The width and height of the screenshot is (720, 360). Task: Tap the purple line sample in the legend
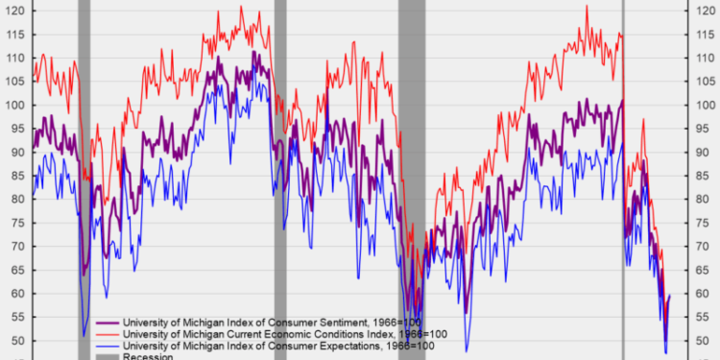[107, 321]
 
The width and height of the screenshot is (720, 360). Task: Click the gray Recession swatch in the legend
[107, 355]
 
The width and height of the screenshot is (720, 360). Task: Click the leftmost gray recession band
[84, 144]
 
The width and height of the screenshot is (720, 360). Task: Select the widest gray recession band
[412, 144]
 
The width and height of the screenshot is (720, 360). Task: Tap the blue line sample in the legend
[107, 344]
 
